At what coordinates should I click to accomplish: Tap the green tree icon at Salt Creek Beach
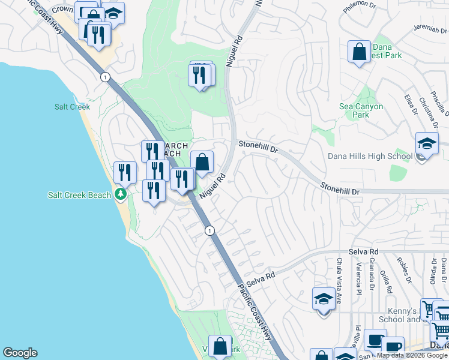tap(121, 194)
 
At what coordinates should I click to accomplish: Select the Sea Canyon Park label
tap(361, 110)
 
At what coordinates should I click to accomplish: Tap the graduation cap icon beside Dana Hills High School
tap(427, 144)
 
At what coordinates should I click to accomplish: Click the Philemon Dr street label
tap(359, 9)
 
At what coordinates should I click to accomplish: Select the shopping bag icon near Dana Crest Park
tap(359, 52)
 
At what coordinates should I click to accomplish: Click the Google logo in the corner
tap(20, 353)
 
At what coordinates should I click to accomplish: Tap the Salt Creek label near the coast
tap(72, 107)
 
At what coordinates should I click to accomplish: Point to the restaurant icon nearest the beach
tap(125, 173)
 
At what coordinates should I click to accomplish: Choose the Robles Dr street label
tap(403, 270)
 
